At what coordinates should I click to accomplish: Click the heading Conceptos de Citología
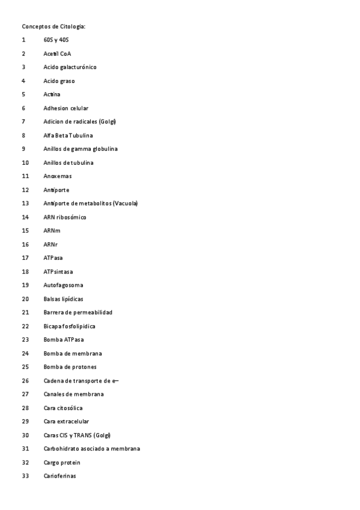53,26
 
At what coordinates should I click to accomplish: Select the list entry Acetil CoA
57,54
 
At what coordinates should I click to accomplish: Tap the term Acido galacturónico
70,67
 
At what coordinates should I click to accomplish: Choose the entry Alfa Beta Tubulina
68,135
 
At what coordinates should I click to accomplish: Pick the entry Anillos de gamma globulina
81,149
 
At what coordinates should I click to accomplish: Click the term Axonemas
57,176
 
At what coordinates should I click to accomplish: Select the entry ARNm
52,230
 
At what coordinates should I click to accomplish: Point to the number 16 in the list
25,244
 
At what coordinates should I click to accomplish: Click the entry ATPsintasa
58,272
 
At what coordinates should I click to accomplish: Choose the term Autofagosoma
63,285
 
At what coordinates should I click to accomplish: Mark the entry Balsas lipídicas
63,299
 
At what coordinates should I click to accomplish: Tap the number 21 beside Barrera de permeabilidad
25,312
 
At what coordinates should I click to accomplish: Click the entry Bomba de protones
70,367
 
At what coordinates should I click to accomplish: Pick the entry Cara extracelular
66,422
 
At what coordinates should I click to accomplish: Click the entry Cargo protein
62,462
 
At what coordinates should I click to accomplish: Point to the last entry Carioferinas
60,476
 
